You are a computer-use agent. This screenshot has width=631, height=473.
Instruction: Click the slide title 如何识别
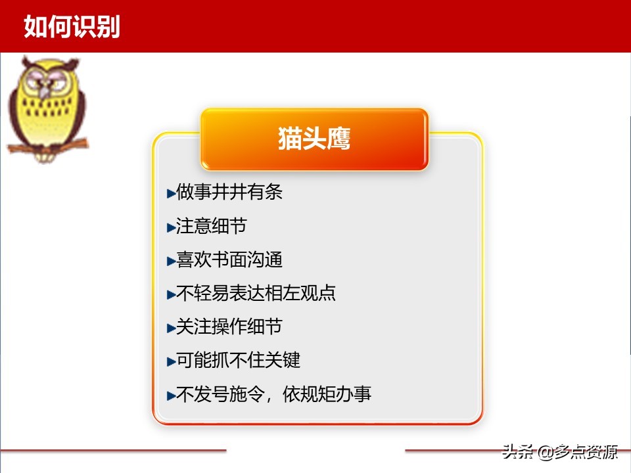[72, 26]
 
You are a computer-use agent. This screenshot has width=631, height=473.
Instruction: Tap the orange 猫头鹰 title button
[314, 139]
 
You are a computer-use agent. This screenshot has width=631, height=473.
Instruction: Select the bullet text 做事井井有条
[229, 192]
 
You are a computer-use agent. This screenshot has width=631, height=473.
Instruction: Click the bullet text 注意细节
[212, 226]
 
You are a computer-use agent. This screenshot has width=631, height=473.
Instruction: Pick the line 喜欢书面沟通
[229, 259]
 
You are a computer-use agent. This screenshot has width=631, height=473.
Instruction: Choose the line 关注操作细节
[229, 327]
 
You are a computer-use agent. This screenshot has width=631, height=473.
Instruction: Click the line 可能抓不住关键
[238, 360]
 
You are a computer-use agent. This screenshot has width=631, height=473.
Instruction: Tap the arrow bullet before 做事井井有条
[171, 193]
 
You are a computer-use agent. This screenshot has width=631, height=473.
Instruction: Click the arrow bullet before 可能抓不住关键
[171, 361]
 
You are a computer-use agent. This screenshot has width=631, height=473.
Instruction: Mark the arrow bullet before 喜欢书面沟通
[171, 260]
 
